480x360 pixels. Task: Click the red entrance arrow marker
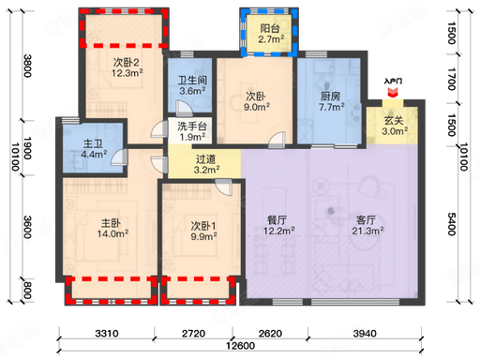click(x=393, y=93)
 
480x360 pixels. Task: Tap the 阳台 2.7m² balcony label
click(x=271, y=34)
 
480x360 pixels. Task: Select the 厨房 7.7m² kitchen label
click(x=331, y=101)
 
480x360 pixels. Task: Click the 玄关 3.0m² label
click(x=395, y=126)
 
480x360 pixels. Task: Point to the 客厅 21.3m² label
click(x=367, y=225)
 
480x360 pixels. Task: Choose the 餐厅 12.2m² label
click(x=278, y=225)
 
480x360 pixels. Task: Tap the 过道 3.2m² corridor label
click(x=206, y=164)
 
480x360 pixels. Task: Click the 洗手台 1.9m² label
click(x=192, y=131)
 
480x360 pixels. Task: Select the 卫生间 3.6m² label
click(x=192, y=85)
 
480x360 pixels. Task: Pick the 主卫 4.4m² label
click(x=94, y=149)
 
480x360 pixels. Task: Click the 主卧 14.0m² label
click(x=112, y=228)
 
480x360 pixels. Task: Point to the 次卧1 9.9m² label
click(x=203, y=231)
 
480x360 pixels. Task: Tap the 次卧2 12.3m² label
click(x=127, y=67)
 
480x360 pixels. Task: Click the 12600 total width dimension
click(x=240, y=346)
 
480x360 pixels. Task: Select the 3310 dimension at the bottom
click(x=107, y=334)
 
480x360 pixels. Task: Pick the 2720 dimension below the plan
click(x=193, y=334)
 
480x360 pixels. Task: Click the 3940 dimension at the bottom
click(x=365, y=334)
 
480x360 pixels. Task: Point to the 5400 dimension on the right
click(x=452, y=224)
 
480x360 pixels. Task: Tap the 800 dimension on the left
click(x=27, y=290)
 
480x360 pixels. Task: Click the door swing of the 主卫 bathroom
click(x=119, y=157)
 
